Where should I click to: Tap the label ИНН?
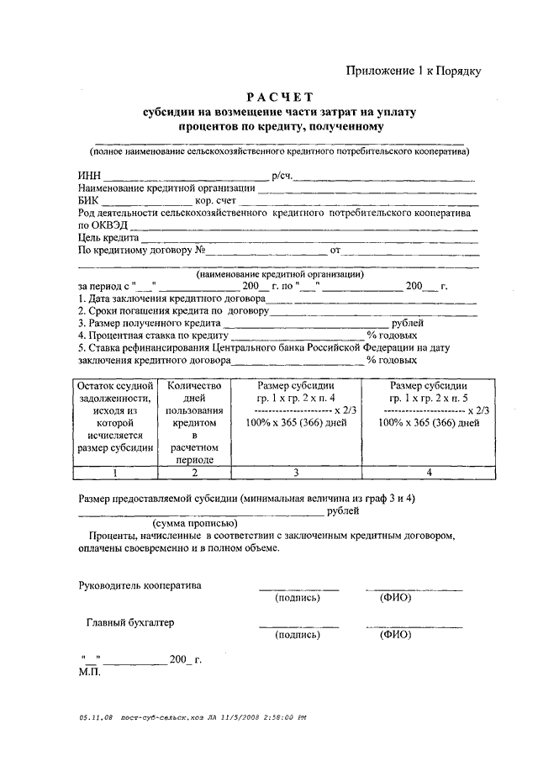pos(88,177)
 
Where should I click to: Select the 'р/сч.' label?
pos(282,177)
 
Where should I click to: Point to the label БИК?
pos(88,202)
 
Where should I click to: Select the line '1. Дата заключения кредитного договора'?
pos(171,299)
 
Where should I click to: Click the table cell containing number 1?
pos(115,473)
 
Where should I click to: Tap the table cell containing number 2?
pos(194,473)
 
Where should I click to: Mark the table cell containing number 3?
pos(295,473)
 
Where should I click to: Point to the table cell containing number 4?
pos(430,473)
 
